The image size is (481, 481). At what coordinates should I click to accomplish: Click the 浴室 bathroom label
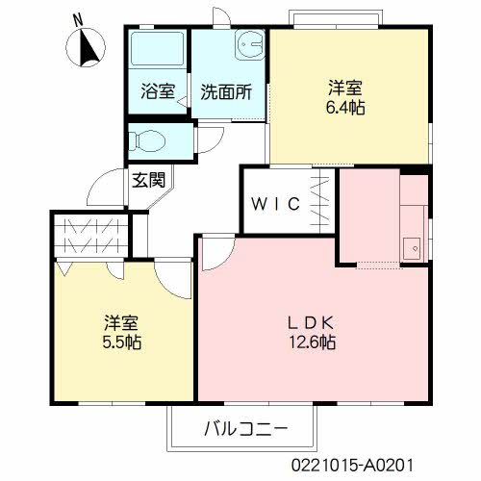[x=157, y=92]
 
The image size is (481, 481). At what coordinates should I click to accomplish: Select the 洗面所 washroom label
[x=226, y=92]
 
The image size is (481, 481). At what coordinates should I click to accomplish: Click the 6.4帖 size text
[x=345, y=107]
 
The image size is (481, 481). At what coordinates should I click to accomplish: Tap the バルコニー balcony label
[x=244, y=428]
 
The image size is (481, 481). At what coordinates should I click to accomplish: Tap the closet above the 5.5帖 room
[x=89, y=235]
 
